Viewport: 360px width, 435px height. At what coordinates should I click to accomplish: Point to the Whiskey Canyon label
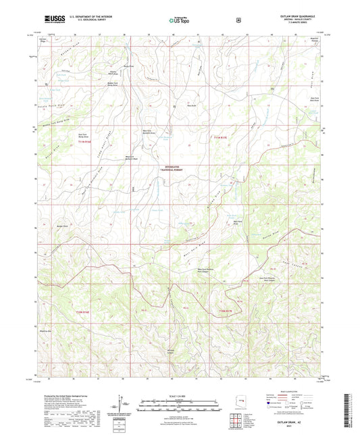(171, 351)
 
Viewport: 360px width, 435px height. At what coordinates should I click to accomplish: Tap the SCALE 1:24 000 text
(180, 395)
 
